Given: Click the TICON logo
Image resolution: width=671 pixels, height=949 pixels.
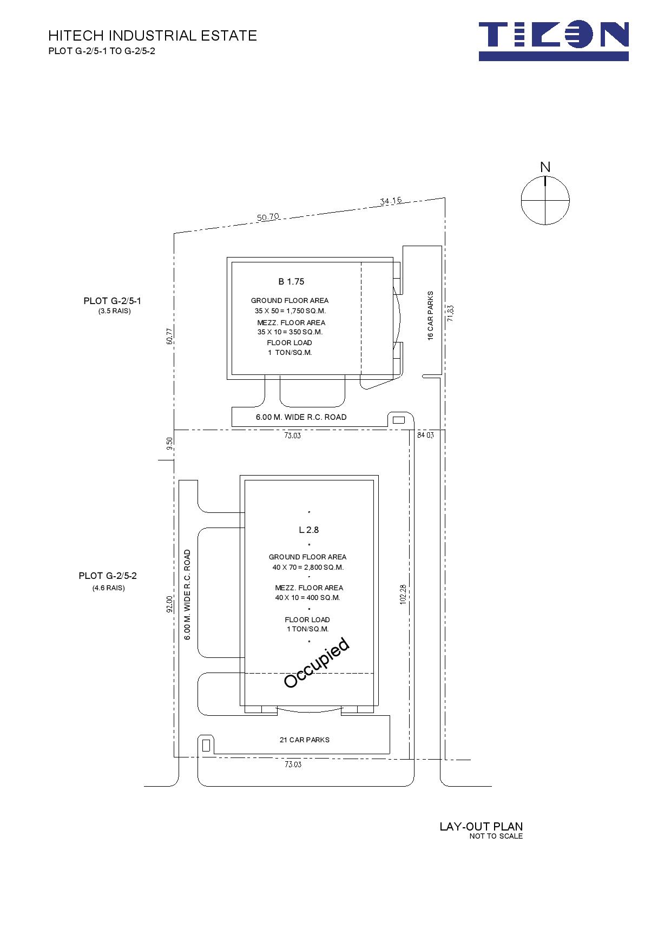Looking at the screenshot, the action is point(554,41).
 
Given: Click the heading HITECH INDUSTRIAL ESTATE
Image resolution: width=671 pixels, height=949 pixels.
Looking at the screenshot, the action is point(153,36).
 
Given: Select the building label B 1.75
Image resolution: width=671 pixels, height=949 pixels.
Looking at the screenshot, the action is point(291,281).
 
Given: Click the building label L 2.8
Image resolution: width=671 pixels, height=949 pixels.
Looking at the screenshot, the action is point(309,530).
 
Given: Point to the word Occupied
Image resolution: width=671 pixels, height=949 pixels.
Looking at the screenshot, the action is point(317,663).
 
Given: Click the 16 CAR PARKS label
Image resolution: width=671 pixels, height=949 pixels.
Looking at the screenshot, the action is point(431,315).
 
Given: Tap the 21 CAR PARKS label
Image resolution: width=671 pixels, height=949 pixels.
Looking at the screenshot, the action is point(305,740).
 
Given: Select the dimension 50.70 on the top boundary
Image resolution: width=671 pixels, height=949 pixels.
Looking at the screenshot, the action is point(268,217).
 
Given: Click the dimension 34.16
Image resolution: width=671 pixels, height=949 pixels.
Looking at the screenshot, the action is point(391,201).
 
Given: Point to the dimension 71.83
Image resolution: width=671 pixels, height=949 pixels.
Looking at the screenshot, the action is point(450,314).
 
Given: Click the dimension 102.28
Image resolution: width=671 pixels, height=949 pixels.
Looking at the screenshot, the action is point(403,595).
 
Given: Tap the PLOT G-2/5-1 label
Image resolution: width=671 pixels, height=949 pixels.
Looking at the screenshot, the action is point(113,301).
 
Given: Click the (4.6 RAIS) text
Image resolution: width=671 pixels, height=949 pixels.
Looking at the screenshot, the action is point(108,588).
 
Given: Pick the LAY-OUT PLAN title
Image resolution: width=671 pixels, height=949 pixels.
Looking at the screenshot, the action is point(481,826).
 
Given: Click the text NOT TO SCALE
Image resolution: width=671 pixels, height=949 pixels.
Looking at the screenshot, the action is point(496,836).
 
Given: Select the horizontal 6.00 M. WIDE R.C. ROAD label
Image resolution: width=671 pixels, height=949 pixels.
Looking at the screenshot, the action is point(301,417).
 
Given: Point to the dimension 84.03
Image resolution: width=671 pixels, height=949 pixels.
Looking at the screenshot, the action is point(425,434).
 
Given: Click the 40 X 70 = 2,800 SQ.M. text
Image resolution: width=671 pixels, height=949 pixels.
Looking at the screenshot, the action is point(308,567).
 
